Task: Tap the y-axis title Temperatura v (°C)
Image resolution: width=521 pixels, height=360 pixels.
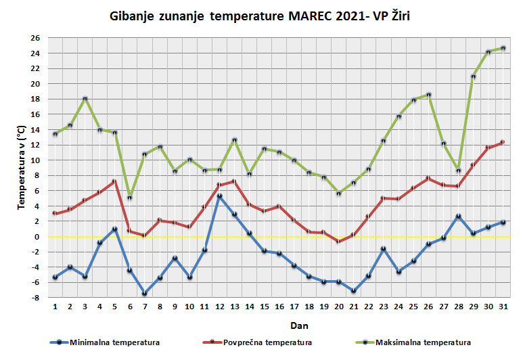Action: pyautogui.click(x=22, y=166)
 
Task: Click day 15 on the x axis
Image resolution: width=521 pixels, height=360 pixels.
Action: pyautogui.click(x=264, y=307)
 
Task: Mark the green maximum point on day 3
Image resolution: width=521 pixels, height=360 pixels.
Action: pyautogui.click(x=85, y=99)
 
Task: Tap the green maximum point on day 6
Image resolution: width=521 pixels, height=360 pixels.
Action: pyautogui.click(x=130, y=197)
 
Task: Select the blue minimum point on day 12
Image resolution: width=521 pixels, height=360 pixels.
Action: pyautogui.click(x=219, y=196)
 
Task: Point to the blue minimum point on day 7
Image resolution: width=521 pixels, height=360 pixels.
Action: pyautogui.click(x=145, y=294)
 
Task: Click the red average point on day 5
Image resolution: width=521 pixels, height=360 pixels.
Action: pyautogui.click(x=115, y=181)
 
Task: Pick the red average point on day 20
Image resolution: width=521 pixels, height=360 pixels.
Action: pyautogui.click(x=338, y=242)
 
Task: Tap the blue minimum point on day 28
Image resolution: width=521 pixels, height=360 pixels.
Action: pyautogui.click(x=458, y=216)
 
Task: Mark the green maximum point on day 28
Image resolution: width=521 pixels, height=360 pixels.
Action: pyautogui.click(x=458, y=171)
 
